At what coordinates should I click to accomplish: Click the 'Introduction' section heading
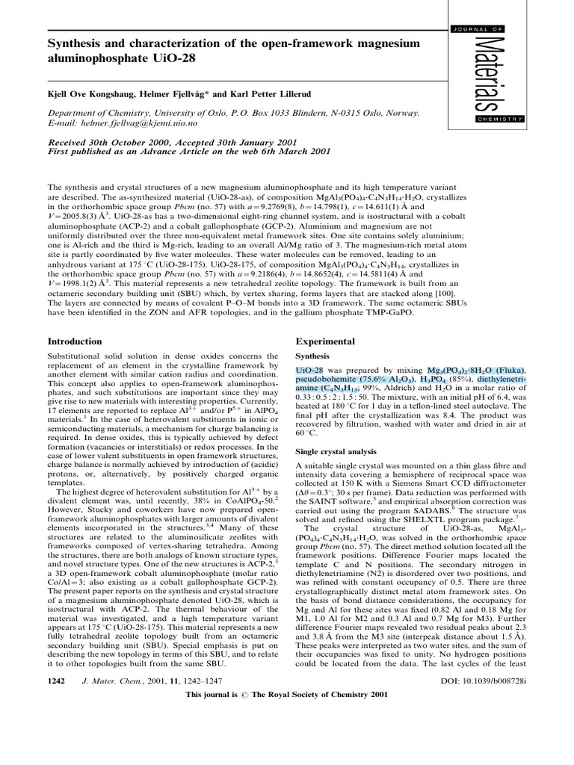(75, 341)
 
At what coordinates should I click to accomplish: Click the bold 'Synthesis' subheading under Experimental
(313, 356)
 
